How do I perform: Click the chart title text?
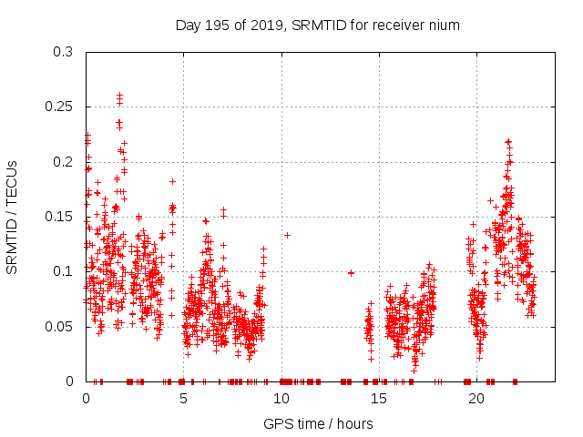click(317, 25)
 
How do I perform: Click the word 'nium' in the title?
click(445, 25)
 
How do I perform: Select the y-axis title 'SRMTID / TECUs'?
click(12, 217)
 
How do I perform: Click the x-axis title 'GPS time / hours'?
click(317, 424)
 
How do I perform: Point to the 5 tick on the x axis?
click(183, 399)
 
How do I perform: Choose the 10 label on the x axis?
click(281, 399)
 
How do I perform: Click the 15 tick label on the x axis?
click(378, 399)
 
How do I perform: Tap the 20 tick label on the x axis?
click(476, 399)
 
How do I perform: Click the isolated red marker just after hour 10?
click(287, 235)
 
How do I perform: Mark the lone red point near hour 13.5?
click(351, 272)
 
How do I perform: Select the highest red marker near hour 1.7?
click(119, 95)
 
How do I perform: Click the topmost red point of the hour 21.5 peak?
click(508, 141)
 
